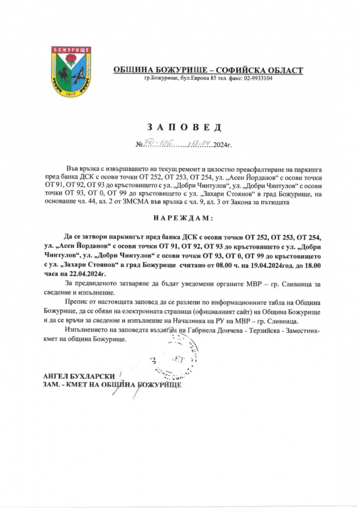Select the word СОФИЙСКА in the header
(242, 70)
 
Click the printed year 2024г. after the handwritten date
(220, 145)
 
